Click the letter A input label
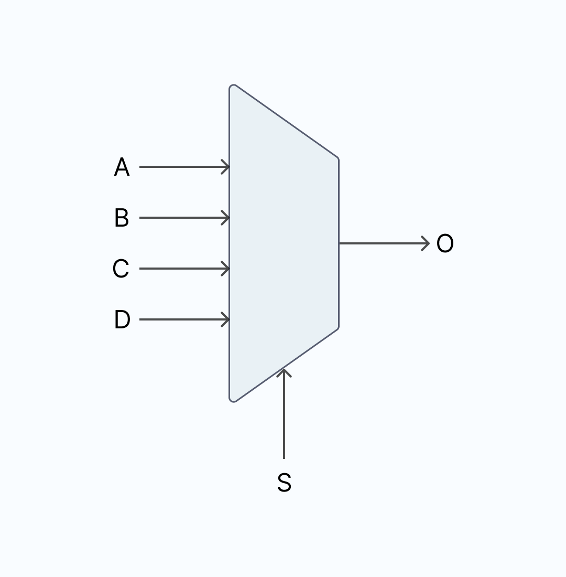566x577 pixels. pyautogui.click(x=122, y=167)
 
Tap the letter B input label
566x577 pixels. pyautogui.click(x=122, y=218)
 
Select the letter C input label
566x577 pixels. pyautogui.click(x=121, y=269)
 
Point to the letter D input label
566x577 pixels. pyautogui.click(x=122, y=319)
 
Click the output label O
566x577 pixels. pyautogui.click(x=445, y=243)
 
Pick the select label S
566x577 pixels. pyautogui.click(x=284, y=483)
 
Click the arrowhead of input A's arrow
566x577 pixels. pyautogui.click(x=225, y=167)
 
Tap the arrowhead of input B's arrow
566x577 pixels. pyautogui.click(x=225, y=218)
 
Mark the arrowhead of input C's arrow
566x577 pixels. pyautogui.click(x=225, y=269)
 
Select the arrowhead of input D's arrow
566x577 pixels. pyautogui.click(x=225, y=319)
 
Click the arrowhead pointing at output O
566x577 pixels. pyautogui.click(x=426, y=243)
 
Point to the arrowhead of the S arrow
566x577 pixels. pyautogui.click(x=284, y=372)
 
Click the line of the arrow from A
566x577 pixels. pyautogui.click(x=184, y=167)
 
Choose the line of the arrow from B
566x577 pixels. pyautogui.click(x=184, y=218)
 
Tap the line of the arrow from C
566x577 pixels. pyautogui.click(x=184, y=269)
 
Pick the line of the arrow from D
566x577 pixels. pyautogui.click(x=184, y=319)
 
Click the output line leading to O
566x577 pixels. pyautogui.click(x=384, y=243)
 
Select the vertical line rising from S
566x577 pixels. pyautogui.click(x=284, y=414)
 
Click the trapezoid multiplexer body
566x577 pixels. pyautogui.click(x=284, y=243)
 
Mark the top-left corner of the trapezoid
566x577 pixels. pyautogui.click(x=231, y=86)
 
